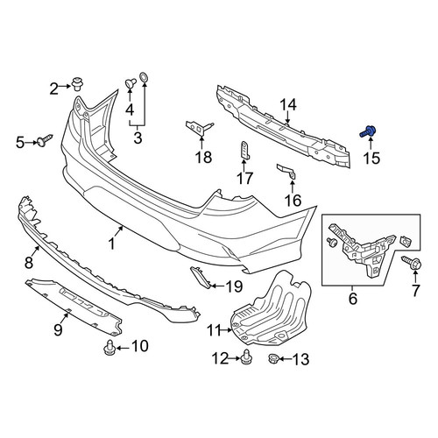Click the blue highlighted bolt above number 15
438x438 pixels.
click(367, 131)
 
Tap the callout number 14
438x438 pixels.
click(288, 105)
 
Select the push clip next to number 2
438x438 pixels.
click(77, 84)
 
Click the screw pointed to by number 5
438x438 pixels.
click(45, 140)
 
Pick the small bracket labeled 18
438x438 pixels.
click(200, 127)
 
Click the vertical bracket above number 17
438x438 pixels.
click(244, 151)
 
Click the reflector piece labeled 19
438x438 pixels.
click(201, 277)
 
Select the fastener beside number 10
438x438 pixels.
click(109, 347)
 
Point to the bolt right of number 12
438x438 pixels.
click(246, 357)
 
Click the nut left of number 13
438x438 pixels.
click(273, 358)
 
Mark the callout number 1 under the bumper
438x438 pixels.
click(111, 244)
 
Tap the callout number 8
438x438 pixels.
click(29, 262)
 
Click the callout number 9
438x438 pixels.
click(58, 330)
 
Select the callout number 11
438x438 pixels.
click(214, 330)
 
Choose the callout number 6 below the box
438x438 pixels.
click(353, 298)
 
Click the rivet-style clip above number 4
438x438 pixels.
click(131, 83)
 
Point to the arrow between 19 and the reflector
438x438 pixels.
click(216, 286)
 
